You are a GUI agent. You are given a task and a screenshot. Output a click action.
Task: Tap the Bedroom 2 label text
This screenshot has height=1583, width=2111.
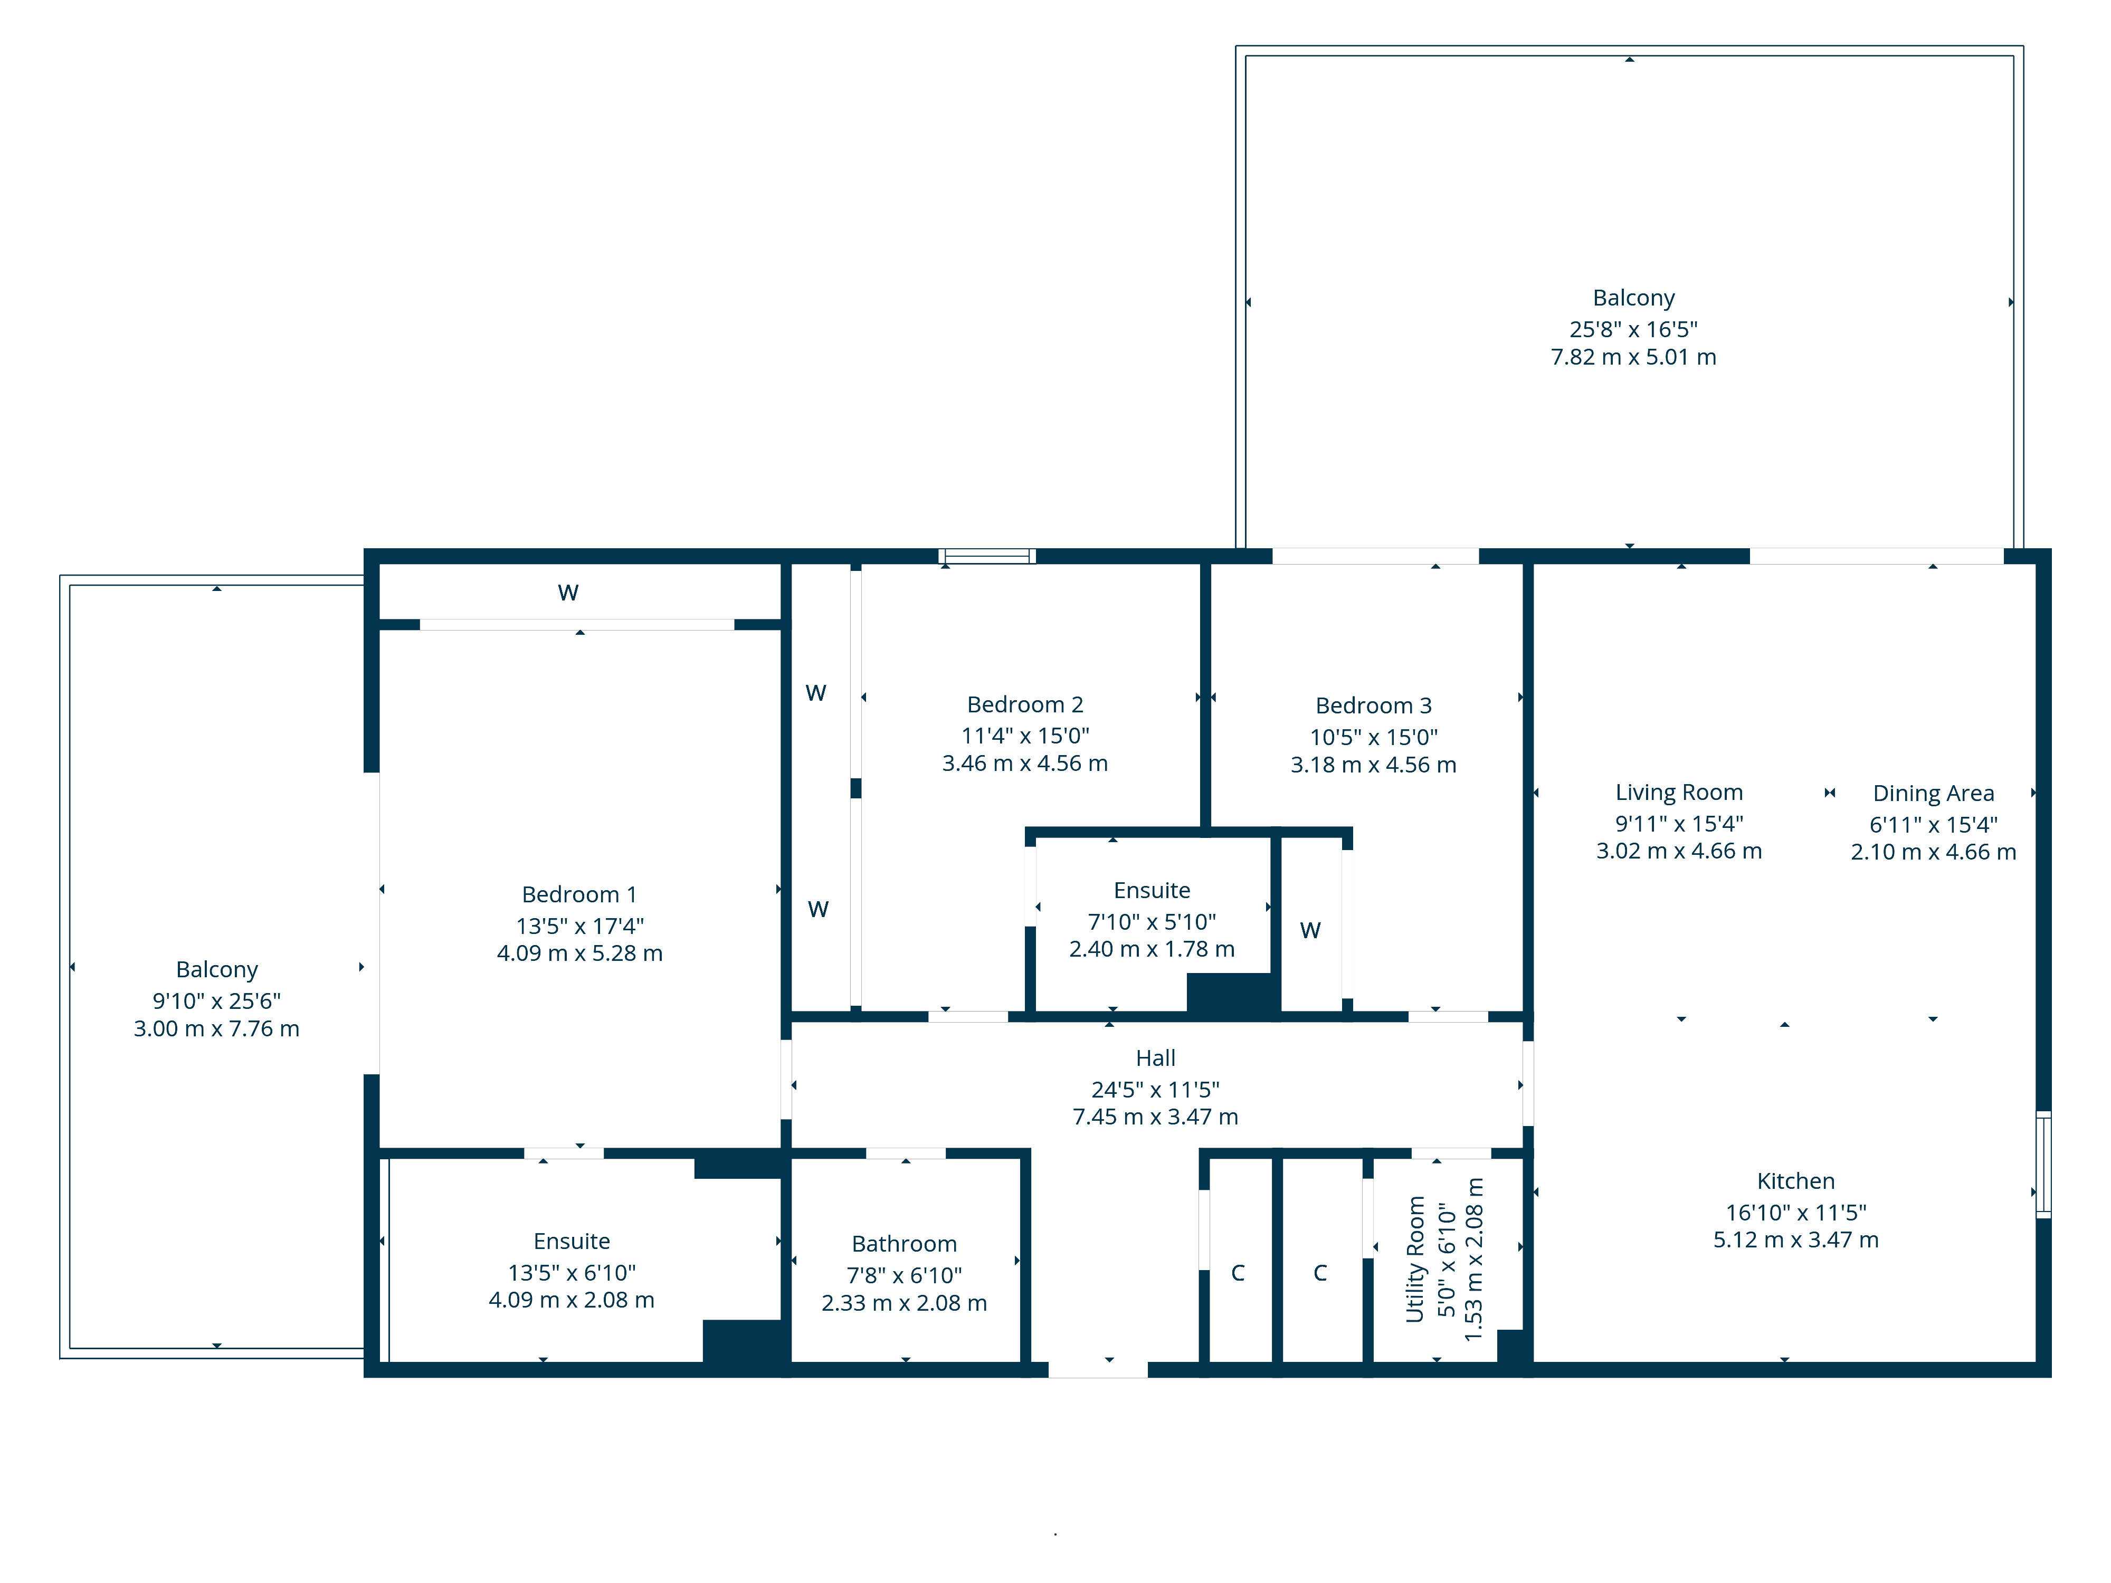pyautogui.click(x=1025, y=704)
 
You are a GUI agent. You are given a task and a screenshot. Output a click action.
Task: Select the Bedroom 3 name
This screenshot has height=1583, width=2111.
pyautogui.click(x=1373, y=705)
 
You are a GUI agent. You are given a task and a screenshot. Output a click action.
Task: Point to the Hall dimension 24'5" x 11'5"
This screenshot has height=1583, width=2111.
pyautogui.click(x=1155, y=1089)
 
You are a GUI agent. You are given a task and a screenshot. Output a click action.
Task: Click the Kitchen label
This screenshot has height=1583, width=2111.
pyautogui.click(x=1795, y=1180)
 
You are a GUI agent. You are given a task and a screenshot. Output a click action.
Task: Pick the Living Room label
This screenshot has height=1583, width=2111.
pyautogui.click(x=1679, y=792)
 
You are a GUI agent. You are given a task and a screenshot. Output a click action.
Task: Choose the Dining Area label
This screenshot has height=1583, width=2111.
pyautogui.click(x=1933, y=793)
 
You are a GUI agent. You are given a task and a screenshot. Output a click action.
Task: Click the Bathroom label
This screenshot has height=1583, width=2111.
pyautogui.click(x=904, y=1243)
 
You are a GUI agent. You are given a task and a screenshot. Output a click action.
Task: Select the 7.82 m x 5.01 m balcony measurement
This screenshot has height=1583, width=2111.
pyautogui.click(x=1633, y=357)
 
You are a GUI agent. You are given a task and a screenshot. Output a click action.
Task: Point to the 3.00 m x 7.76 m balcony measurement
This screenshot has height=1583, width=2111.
pyautogui.click(x=216, y=1028)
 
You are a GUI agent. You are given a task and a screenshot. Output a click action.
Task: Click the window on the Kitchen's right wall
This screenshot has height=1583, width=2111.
pyautogui.click(x=2043, y=1164)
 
